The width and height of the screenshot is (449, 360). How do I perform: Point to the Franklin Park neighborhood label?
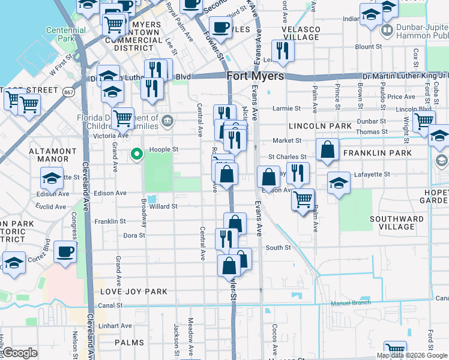(377, 153)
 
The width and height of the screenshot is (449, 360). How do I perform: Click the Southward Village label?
(397, 223)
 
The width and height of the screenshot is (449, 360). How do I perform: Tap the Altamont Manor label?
(53, 155)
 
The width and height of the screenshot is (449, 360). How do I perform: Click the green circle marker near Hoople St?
(137, 154)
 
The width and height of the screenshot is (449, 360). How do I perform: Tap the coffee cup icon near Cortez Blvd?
(65, 253)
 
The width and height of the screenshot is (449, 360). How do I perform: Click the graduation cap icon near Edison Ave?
(52, 179)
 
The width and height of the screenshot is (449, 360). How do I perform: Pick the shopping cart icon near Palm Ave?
(303, 199)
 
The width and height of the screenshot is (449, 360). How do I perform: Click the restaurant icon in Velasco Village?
(282, 50)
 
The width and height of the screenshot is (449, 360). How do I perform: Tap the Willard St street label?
(164, 206)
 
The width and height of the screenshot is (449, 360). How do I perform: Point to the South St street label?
(278, 247)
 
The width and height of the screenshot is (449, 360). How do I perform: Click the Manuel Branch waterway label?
(351, 303)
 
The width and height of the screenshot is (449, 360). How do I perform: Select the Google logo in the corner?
(19, 353)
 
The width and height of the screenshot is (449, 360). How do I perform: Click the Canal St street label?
(110, 305)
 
